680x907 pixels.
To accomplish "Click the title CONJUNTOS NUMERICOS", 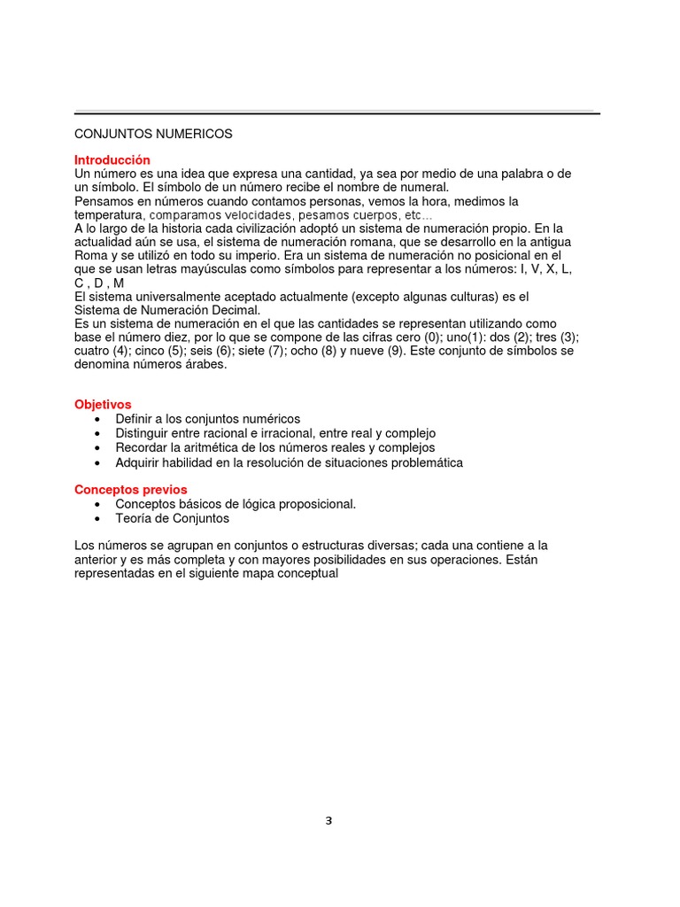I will click(153, 134).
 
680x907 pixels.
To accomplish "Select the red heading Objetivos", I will click(103, 404).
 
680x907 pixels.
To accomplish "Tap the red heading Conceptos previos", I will click(131, 489).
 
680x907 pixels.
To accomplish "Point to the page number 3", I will click(328, 820).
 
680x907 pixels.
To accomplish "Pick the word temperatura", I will click(108, 215).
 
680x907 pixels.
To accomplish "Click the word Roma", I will click(90, 256).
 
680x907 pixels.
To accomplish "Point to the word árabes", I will click(205, 364).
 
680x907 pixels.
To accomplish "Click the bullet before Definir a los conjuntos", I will click(96, 419).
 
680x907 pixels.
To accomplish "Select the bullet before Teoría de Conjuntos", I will click(96, 519).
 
